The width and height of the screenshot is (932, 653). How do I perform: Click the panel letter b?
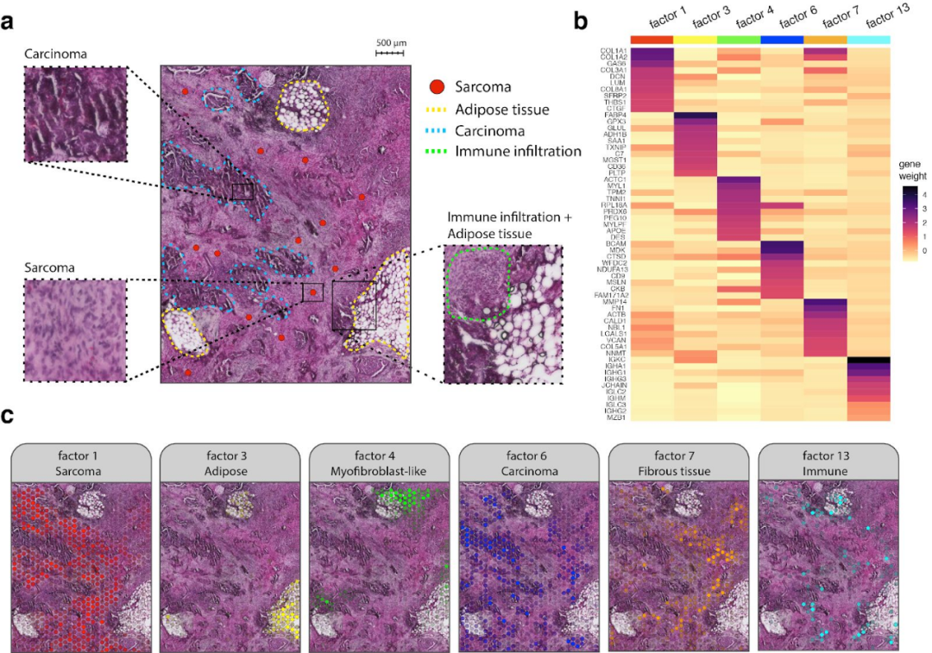pos(580,17)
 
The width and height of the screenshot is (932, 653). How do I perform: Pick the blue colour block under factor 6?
pos(782,40)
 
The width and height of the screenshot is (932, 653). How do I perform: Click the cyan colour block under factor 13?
pos(869,40)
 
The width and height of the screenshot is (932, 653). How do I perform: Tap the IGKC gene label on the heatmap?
pos(615,360)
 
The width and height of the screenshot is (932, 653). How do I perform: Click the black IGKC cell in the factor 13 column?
pos(869,360)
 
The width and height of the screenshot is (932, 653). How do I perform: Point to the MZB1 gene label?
pos(614,417)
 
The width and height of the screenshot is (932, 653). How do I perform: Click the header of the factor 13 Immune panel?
pos(826,466)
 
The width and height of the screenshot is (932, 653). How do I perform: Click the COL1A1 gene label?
pos(614,50)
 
